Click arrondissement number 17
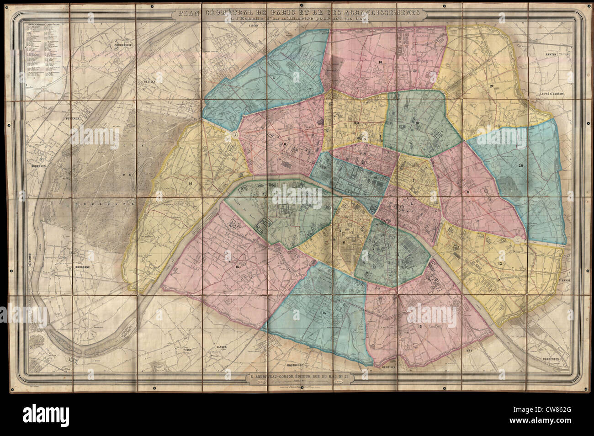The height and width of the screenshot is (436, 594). point(274,78)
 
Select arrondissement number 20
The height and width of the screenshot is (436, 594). point(521,165)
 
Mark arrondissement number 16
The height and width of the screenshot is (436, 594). point(190,183)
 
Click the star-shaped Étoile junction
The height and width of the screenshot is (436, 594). point(234,135)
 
